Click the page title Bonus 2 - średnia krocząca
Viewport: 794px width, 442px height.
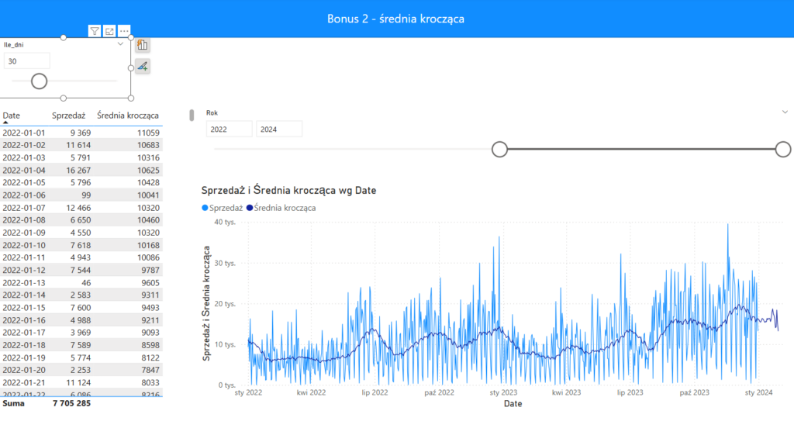pyautogui.click(x=395, y=19)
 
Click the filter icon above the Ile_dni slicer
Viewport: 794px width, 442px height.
pyautogui.click(x=94, y=31)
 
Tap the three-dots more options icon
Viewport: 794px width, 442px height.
pyautogui.click(x=124, y=31)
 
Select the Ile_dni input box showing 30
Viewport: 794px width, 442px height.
pyautogui.click(x=27, y=61)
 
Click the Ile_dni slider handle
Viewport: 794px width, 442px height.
pyautogui.click(x=39, y=81)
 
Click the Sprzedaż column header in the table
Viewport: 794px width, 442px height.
pyautogui.click(x=68, y=116)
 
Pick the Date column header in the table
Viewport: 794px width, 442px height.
pyautogui.click(x=11, y=116)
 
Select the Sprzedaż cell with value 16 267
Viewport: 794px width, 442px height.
pyautogui.click(x=78, y=170)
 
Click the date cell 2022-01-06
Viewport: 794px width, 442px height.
pyautogui.click(x=24, y=195)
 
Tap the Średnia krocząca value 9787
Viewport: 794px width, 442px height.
pyautogui.click(x=150, y=270)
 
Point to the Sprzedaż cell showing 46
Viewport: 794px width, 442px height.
pyautogui.click(x=86, y=282)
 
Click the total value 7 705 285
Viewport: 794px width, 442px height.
pyautogui.click(x=71, y=403)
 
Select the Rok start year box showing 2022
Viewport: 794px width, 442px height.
pyautogui.click(x=229, y=129)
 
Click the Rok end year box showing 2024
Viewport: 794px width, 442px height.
pyautogui.click(x=279, y=129)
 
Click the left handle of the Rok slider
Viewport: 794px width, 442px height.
pyautogui.click(x=500, y=150)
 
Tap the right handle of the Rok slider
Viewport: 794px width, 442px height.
pyautogui.click(x=783, y=150)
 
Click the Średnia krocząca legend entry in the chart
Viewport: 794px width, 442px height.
pyautogui.click(x=281, y=208)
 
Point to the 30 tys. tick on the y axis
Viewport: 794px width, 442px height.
pyautogui.click(x=225, y=264)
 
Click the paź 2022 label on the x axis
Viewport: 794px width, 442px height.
pyautogui.click(x=439, y=392)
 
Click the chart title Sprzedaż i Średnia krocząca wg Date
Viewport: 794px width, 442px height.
pyautogui.click(x=288, y=190)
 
